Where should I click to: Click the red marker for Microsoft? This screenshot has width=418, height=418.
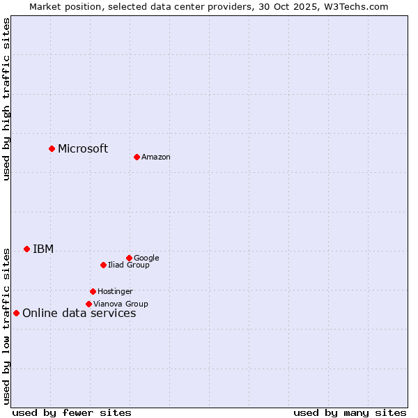pyautogui.click(x=52, y=148)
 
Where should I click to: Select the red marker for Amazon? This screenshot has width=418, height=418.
pyautogui.click(x=137, y=157)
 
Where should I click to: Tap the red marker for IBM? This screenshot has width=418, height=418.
pyautogui.click(x=26, y=249)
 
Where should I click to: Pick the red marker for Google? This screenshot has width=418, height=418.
pyautogui.click(x=129, y=258)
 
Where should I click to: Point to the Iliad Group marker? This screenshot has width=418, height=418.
pyautogui.click(x=103, y=265)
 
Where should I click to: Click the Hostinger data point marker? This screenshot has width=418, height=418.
pyautogui.click(x=93, y=291)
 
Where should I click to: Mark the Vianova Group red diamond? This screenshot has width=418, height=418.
pyautogui.click(x=88, y=304)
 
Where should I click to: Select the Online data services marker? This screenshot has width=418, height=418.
pyautogui.click(x=16, y=313)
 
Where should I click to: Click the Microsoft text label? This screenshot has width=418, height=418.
pyautogui.click(x=83, y=148)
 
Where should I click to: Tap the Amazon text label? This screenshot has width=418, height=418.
pyautogui.click(x=156, y=157)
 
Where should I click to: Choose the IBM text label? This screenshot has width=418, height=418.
pyautogui.click(x=43, y=249)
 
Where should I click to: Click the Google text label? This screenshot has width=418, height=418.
pyautogui.click(x=146, y=258)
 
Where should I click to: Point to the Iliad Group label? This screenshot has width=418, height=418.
pyautogui.click(x=129, y=265)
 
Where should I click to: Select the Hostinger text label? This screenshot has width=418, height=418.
pyautogui.click(x=115, y=292)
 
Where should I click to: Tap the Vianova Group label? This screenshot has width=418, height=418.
pyautogui.click(x=121, y=304)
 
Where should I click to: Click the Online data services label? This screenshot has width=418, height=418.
pyautogui.click(x=79, y=313)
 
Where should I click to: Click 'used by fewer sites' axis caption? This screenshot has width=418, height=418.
pyautogui.click(x=72, y=412)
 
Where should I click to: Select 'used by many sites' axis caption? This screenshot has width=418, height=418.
pyautogui.click(x=350, y=412)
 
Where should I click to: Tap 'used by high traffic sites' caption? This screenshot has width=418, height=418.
pyautogui.click(x=7, y=99)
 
